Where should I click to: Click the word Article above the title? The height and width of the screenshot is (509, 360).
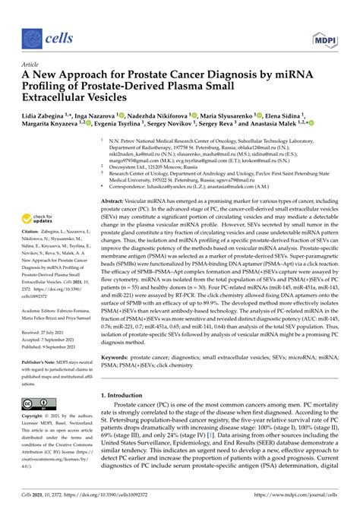click(x=30, y=66)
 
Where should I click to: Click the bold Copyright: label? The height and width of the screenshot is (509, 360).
click(x=36, y=417)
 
